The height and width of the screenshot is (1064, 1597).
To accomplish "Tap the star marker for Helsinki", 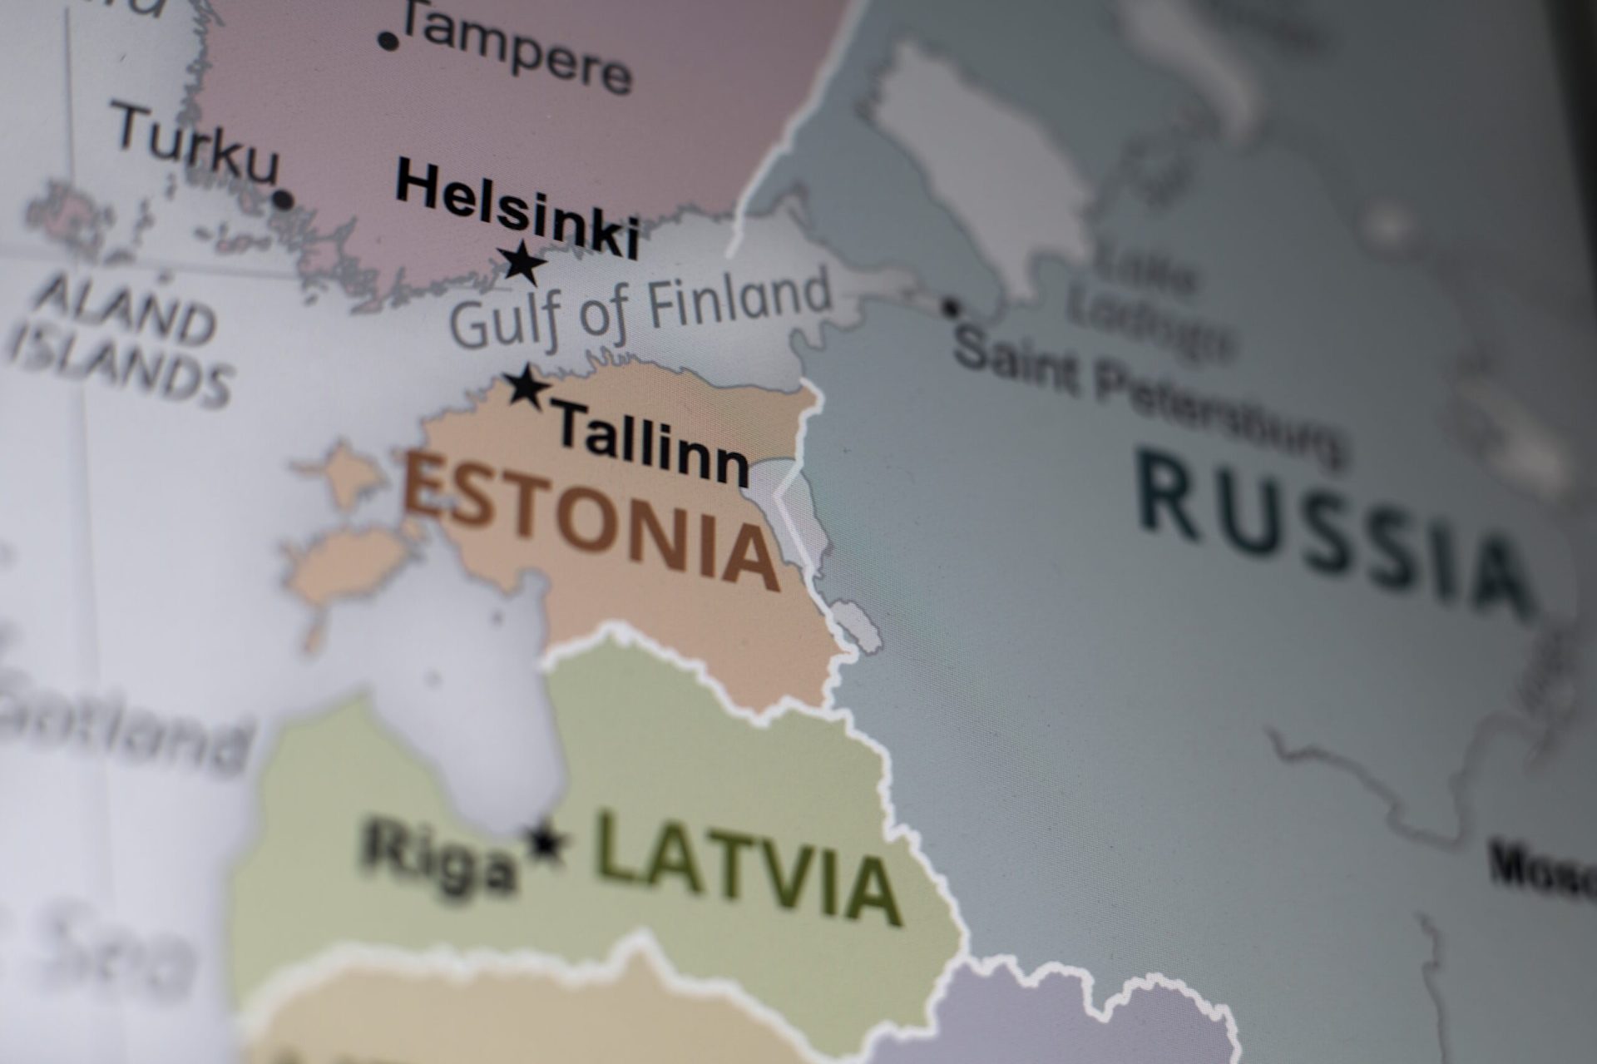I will tap(526, 264).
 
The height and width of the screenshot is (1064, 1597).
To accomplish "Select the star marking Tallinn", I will tap(527, 387).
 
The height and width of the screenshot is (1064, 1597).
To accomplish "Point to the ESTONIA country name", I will tap(590, 522).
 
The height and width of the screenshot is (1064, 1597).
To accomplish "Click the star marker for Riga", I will tap(546, 843).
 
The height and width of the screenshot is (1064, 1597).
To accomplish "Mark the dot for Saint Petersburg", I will tap(950, 308).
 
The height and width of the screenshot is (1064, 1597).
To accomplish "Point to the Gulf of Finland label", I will tap(640, 311).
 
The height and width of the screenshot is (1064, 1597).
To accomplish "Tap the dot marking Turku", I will tap(283, 200).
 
